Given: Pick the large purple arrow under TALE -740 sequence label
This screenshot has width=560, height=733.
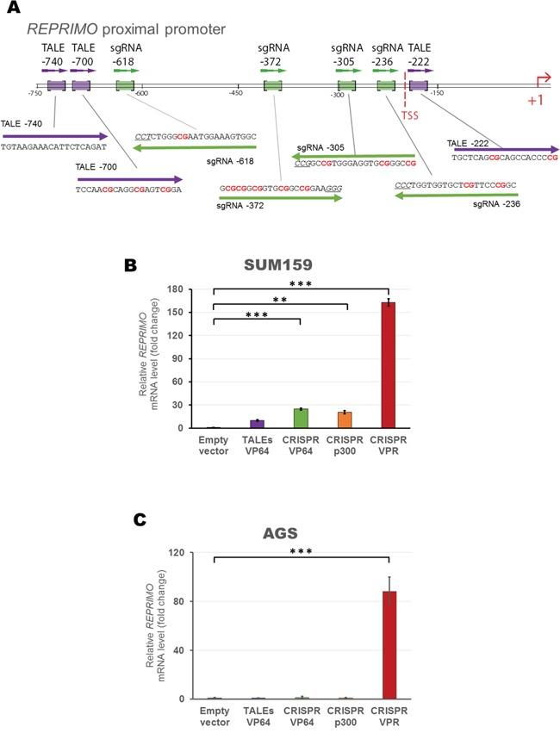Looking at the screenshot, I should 55,136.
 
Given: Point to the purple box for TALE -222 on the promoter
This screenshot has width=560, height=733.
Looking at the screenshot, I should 419,85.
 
